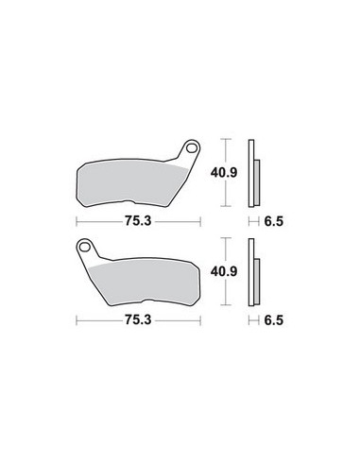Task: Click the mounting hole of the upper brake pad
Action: pyautogui.click(x=191, y=148)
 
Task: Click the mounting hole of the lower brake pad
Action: pyautogui.click(x=84, y=247)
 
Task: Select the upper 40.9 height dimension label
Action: pyautogui.click(x=224, y=173)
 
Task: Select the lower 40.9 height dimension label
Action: pyautogui.click(x=224, y=271)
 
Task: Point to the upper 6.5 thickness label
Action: pyautogui.click(x=274, y=221)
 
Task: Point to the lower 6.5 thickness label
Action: pyautogui.click(x=274, y=320)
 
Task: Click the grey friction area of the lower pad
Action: pyautogui.click(x=145, y=282)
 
